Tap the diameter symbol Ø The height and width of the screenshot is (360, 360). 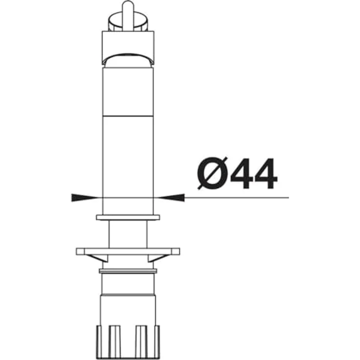213,173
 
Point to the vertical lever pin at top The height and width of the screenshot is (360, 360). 128,14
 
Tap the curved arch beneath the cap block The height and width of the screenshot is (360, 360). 128,58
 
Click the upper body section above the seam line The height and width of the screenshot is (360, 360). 128,92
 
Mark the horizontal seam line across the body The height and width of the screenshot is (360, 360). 128,116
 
